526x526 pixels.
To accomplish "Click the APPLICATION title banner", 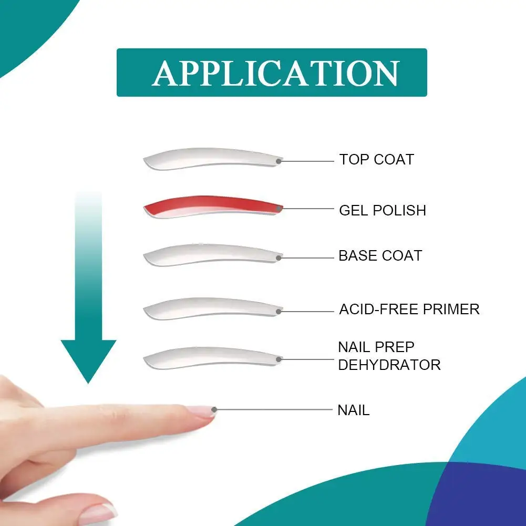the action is point(272,73).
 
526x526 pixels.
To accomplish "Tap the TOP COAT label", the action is point(377,159).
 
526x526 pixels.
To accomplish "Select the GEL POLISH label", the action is point(383,210).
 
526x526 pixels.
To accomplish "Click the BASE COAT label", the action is point(380,255).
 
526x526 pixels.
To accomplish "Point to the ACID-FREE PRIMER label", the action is point(409,310).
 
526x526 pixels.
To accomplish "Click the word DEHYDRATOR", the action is point(389,365).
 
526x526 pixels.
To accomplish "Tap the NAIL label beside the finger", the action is point(354,410).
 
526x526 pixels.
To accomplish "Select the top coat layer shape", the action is point(213,159).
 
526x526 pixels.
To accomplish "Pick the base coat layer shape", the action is point(213,255).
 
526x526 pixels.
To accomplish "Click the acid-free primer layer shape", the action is point(213,308).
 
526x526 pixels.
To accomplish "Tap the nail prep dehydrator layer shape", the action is point(213,358).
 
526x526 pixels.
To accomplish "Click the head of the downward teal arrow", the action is point(88,357).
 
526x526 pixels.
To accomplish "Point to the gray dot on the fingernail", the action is point(214,409).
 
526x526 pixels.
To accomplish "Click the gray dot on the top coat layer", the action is point(279,161).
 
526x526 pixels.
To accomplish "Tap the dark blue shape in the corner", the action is point(480,497).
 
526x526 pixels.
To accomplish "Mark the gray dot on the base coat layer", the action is point(279,258).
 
